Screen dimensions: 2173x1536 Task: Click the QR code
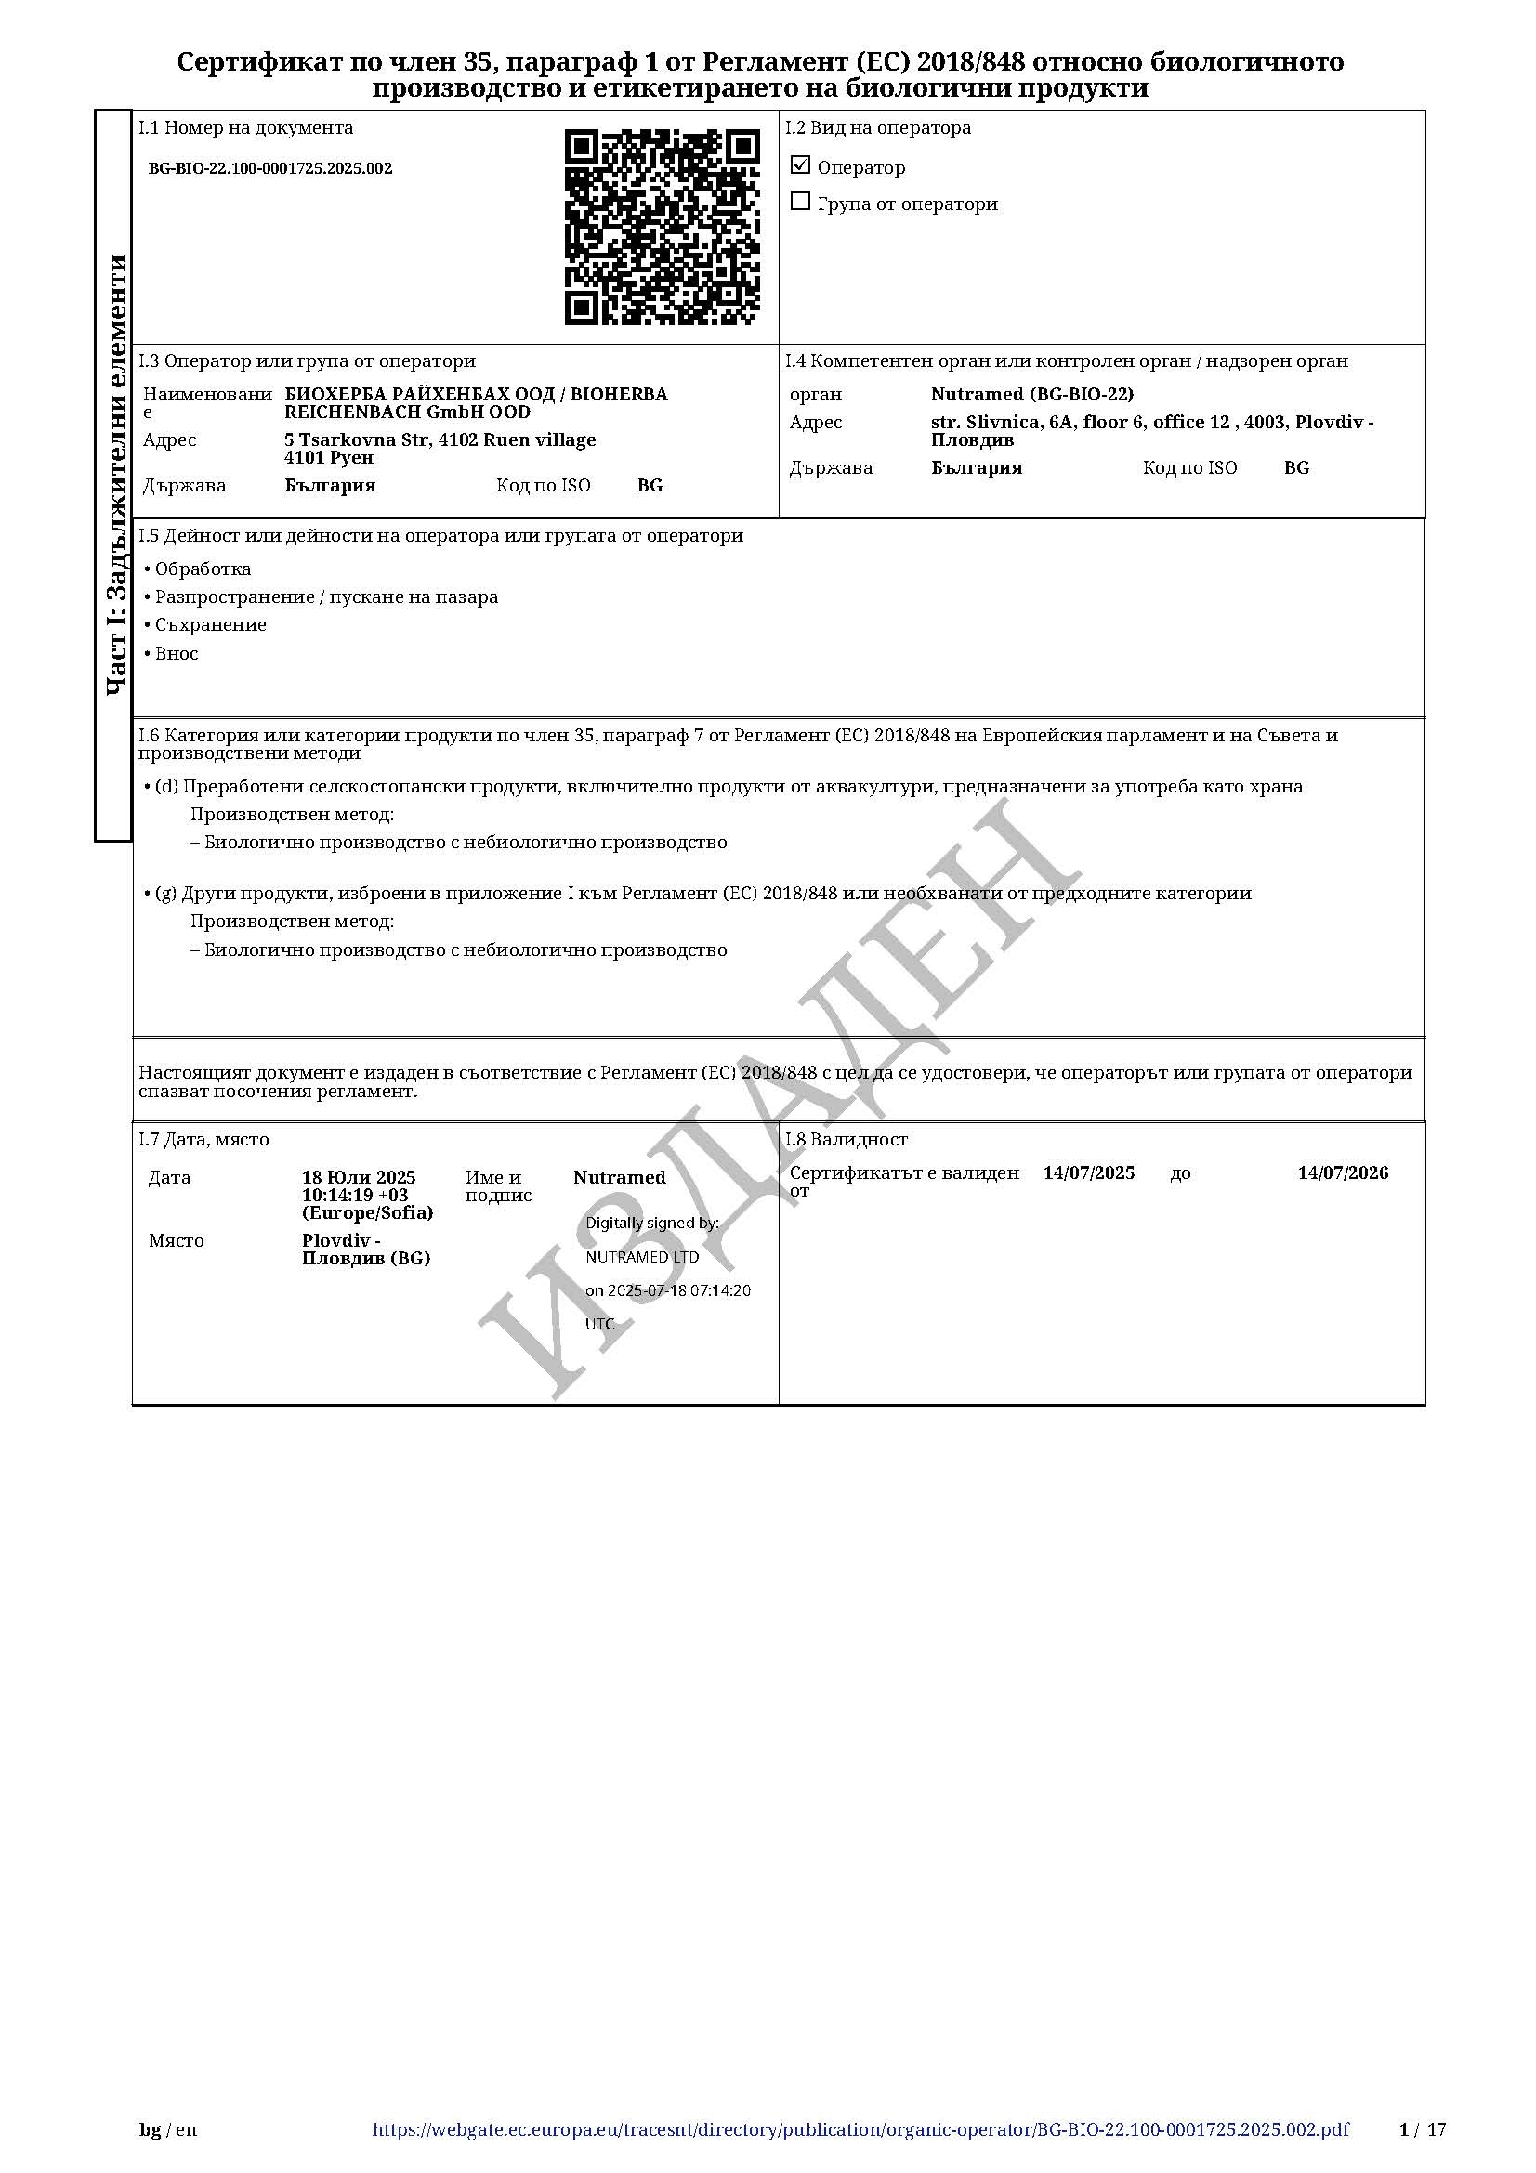point(662,227)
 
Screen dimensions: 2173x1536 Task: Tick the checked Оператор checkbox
point(801,165)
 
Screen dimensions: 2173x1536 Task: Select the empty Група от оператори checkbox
point(801,202)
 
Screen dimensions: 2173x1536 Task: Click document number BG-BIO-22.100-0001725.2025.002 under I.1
point(269,168)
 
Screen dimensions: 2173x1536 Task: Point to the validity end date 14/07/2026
point(1342,1172)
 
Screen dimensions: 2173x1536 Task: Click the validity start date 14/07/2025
point(1088,1172)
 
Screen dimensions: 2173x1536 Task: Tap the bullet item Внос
point(176,653)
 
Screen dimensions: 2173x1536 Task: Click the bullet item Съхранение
point(210,624)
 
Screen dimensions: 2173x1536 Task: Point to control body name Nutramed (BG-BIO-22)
point(1031,394)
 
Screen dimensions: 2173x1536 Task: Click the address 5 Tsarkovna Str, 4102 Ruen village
point(440,440)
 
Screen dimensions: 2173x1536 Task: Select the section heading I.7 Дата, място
point(203,1140)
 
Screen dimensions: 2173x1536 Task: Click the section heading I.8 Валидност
point(847,1140)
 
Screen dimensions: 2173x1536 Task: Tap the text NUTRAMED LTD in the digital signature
point(642,1257)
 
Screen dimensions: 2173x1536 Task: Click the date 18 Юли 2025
point(359,1177)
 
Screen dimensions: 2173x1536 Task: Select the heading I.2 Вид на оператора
point(877,128)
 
